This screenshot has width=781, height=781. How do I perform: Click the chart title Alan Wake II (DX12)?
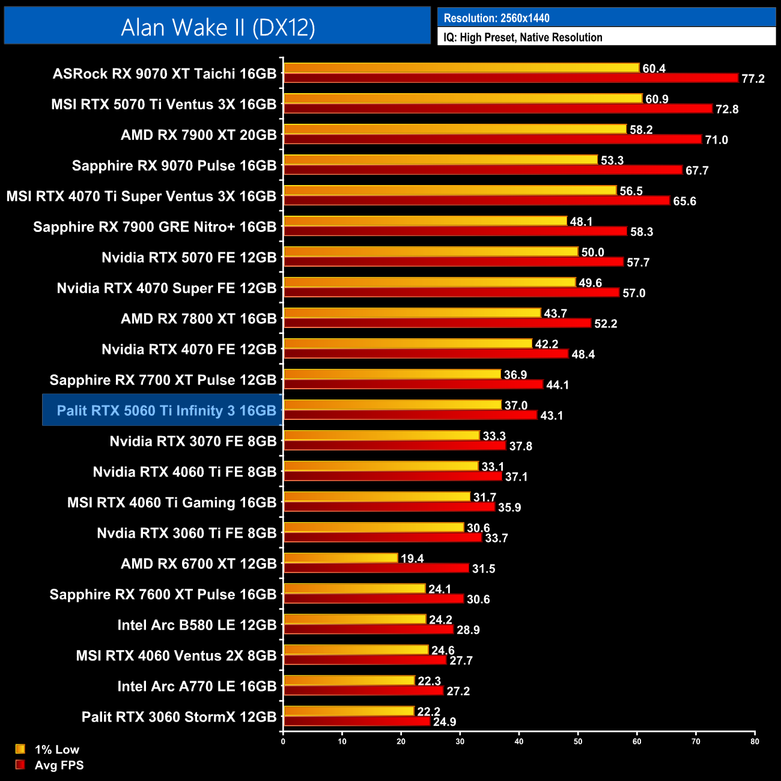[x=218, y=28]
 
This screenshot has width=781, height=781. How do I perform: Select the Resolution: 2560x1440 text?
[x=496, y=18]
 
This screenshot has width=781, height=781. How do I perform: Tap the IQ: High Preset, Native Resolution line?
[x=523, y=37]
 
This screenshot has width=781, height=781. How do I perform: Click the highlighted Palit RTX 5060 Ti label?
[x=166, y=410]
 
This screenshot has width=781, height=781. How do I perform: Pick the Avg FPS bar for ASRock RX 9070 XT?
[x=511, y=78]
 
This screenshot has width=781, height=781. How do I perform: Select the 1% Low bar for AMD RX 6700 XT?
[x=341, y=558]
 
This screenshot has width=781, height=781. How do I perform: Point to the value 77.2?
[x=753, y=79]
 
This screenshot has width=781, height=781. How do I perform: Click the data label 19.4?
[x=412, y=559]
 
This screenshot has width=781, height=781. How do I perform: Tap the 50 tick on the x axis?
[x=578, y=741]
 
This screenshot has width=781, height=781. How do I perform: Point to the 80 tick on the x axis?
[x=755, y=741]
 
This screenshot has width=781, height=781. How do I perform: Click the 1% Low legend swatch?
[x=20, y=749]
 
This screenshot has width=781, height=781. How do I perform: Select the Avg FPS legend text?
[x=59, y=765]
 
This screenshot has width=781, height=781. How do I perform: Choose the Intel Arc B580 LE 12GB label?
[x=197, y=625]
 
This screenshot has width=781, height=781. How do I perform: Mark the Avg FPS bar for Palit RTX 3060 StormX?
[x=357, y=722]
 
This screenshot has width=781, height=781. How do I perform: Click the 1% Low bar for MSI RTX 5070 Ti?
[x=463, y=99]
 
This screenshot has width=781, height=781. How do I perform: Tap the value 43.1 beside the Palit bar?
[x=552, y=416]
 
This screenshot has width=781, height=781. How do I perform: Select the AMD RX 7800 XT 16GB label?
[x=198, y=318]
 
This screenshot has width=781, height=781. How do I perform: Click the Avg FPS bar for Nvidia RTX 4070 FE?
[x=426, y=354]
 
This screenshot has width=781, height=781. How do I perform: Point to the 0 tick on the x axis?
[x=283, y=741]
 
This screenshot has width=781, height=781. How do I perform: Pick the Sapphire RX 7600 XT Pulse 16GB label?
[x=163, y=594]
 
